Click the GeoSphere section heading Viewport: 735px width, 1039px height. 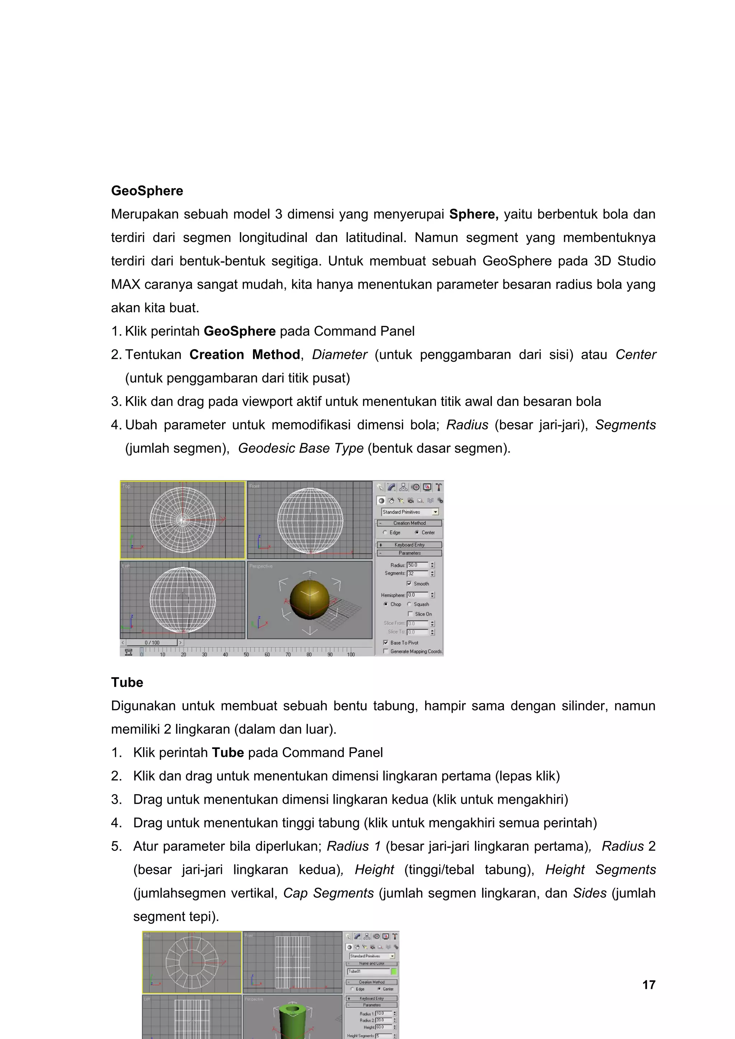[147, 190]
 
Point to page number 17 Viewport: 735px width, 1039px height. [649, 985]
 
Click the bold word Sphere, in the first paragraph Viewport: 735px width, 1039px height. [473, 214]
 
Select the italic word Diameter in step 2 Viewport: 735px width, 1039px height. [339, 355]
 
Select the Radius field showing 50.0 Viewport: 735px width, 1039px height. [417, 565]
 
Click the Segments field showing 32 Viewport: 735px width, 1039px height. [417, 573]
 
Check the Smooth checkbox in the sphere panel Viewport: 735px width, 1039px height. [409, 584]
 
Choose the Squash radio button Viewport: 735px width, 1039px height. [409, 604]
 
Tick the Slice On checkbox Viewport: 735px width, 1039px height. [410, 614]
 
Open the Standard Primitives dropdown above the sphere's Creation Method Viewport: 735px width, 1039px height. [410, 512]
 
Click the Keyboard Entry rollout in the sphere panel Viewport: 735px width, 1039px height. [409, 545]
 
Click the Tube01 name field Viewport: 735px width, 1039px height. [368, 971]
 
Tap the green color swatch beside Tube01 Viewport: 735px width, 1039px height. [394, 971]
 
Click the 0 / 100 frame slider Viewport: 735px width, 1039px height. [152, 642]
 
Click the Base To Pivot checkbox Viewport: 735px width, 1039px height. [386, 642]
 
